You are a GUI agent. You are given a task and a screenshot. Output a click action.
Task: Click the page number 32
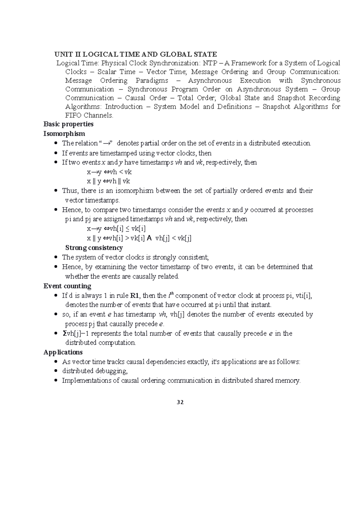click(x=180, y=402)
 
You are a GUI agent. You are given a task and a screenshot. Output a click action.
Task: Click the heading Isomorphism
click(x=64, y=134)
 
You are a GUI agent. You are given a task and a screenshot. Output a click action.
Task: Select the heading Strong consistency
click(x=94, y=248)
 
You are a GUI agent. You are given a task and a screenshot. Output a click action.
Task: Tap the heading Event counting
click(x=67, y=286)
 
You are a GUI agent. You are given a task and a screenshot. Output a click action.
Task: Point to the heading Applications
click(x=63, y=352)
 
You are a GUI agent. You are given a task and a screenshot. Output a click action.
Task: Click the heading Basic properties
click(x=68, y=124)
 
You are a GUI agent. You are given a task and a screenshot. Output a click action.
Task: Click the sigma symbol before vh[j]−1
click(x=64, y=333)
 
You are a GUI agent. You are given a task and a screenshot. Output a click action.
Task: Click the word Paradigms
click(x=152, y=81)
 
